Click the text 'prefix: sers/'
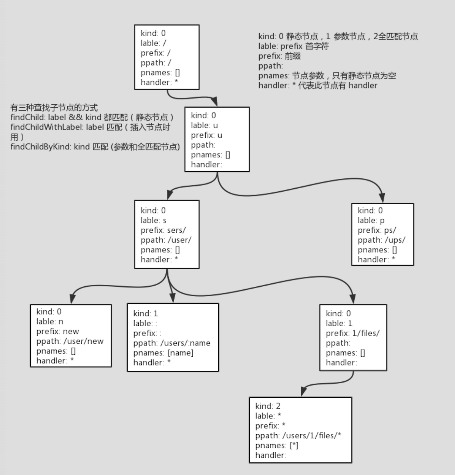click(x=163, y=230)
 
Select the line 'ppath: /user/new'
click(x=70, y=341)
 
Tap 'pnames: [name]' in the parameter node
click(x=163, y=353)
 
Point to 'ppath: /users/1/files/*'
click(x=298, y=435)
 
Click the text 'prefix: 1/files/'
click(x=353, y=333)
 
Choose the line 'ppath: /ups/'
click(x=381, y=240)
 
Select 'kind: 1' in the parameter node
click(x=145, y=313)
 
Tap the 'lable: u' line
click(x=204, y=125)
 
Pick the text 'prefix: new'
click(x=58, y=331)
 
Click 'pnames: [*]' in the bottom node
click(x=277, y=445)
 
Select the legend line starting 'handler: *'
click(x=318, y=85)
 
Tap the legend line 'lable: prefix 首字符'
click(x=294, y=46)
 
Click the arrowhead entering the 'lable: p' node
click(x=382, y=198)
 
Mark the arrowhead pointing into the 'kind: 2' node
click(x=303, y=391)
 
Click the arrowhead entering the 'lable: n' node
click(x=72, y=299)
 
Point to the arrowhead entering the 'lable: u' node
click(x=214, y=101)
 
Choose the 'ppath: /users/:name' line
click(x=172, y=343)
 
